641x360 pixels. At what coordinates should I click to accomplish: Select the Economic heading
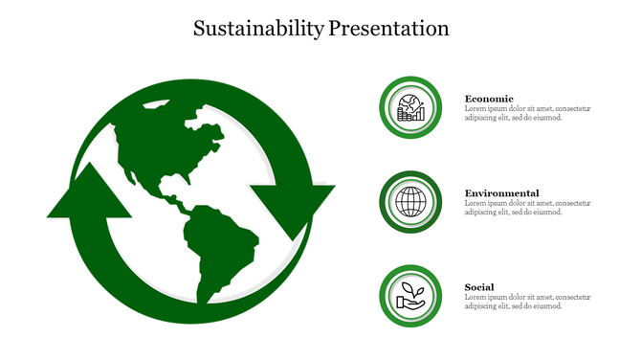coord(489,99)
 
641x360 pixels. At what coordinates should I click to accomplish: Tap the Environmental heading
coord(501,193)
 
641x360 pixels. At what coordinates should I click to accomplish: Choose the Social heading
coord(479,287)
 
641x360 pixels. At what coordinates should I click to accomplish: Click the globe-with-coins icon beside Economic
coord(410,108)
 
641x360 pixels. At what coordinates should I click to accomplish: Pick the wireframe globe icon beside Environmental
coord(410,202)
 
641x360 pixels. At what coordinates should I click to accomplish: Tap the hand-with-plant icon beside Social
coord(410,296)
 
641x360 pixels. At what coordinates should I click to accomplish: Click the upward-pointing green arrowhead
coord(89,191)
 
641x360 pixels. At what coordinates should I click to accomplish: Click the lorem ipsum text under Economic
coord(527,113)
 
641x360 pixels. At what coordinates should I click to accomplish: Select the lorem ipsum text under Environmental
coord(527,208)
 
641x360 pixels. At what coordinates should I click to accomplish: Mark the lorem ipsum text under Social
coord(527,302)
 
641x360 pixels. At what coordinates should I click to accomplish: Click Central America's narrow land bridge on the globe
coord(172,201)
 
